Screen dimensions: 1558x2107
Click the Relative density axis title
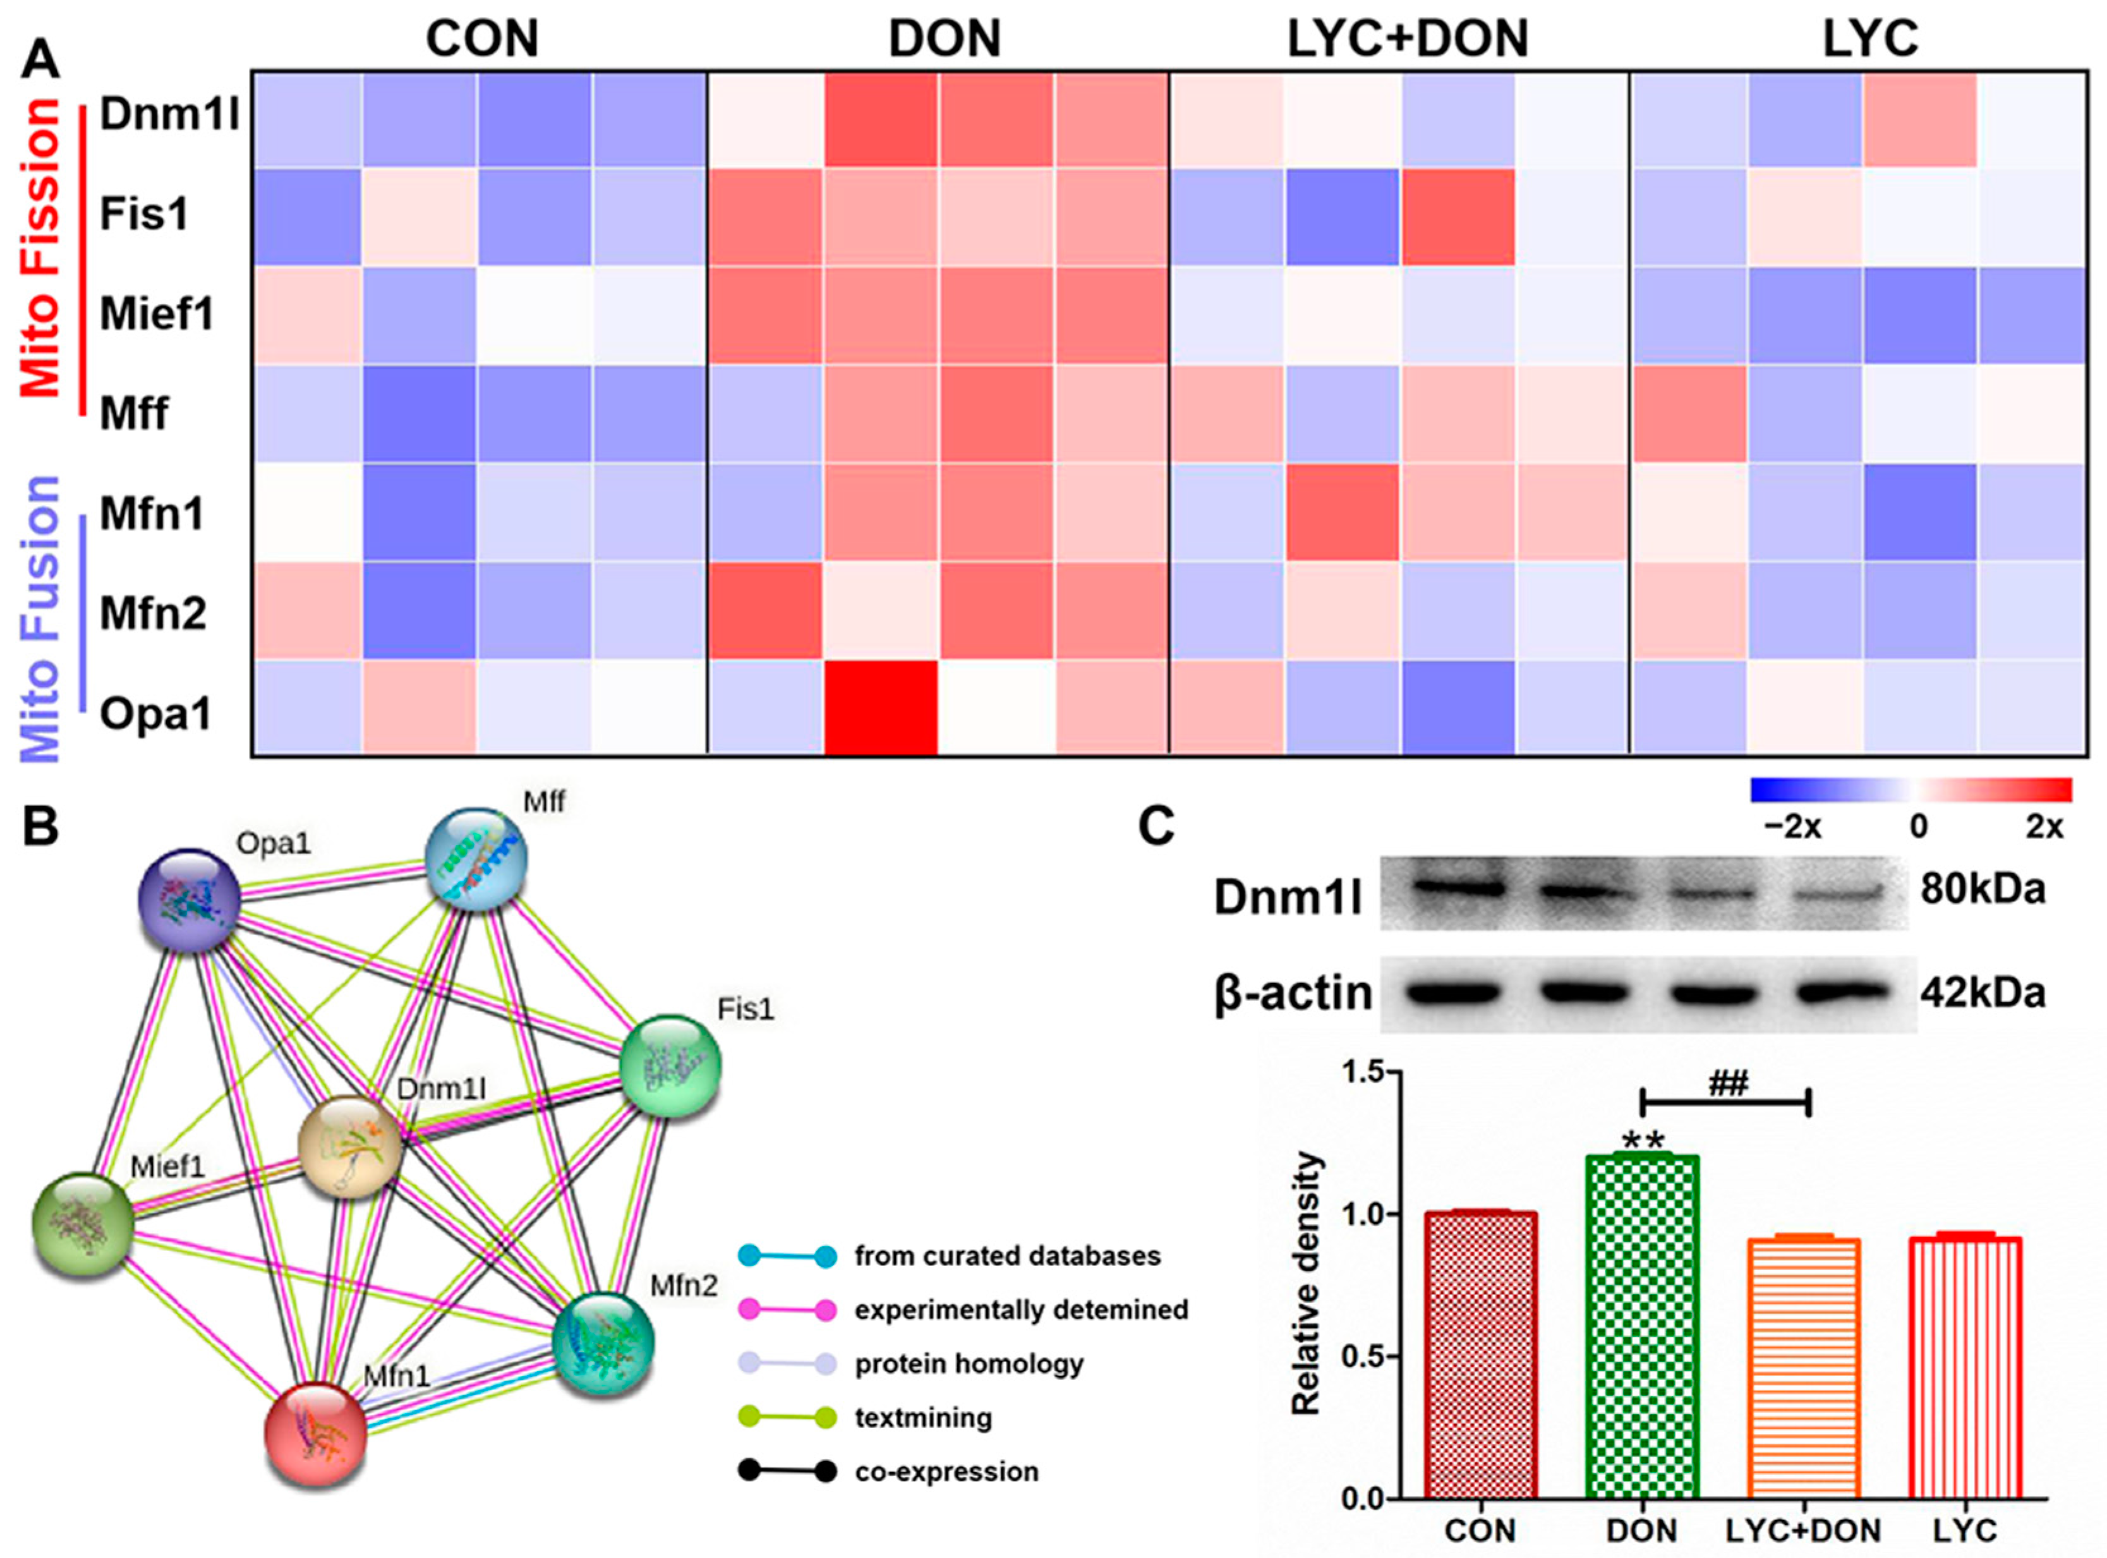pos(1307,1284)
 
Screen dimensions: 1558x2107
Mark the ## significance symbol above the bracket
pos(1728,1085)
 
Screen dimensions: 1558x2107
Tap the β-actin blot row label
pos(1292,994)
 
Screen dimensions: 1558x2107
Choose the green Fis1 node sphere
pos(670,1066)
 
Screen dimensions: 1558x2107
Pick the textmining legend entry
pos(922,1418)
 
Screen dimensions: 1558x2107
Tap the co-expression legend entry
pos(946,1471)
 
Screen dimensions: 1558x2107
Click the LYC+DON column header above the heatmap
pos(1407,40)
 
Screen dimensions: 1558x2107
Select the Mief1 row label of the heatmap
pos(157,313)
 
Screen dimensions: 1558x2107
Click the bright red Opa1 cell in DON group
pos(881,708)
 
